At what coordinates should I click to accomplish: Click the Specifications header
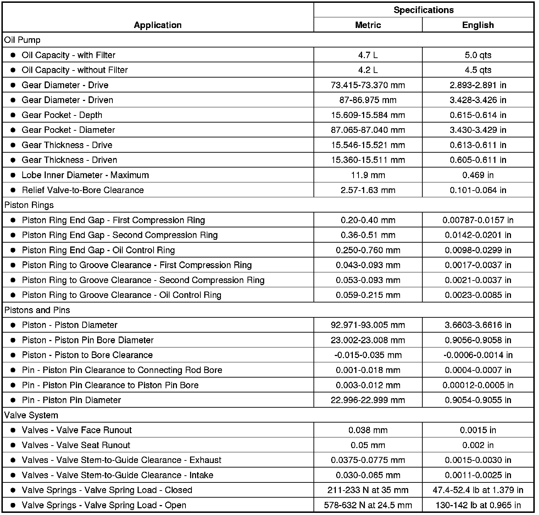click(423, 10)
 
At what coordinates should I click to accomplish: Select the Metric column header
click(368, 25)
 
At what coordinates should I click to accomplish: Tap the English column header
click(478, 25)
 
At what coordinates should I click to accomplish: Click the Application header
click(158, 25)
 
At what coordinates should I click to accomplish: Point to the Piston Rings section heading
click(24, 205)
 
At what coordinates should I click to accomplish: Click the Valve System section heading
click(31, 415)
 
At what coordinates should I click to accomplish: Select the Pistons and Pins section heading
click(37, 310)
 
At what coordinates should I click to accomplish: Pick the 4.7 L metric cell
click(368, 55)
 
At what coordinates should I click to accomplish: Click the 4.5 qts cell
click(478, 70)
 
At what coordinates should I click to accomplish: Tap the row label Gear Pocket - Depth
click(62, 115)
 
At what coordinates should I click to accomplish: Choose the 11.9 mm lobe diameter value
click(368, 175)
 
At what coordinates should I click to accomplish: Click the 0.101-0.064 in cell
click(478, 190)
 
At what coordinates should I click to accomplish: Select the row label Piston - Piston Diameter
click(70, 325)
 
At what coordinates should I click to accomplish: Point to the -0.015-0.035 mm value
click(368, 355)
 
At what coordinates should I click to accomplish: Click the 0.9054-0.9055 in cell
click(478, 400)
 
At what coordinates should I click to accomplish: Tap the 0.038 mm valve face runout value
click(368, 430)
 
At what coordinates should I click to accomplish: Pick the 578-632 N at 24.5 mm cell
click(368, 505)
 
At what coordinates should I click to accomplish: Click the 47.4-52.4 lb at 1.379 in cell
click(478, 490)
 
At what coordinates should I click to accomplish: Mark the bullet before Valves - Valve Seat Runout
click(13, 445)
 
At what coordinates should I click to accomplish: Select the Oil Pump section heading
click(22, 40)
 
